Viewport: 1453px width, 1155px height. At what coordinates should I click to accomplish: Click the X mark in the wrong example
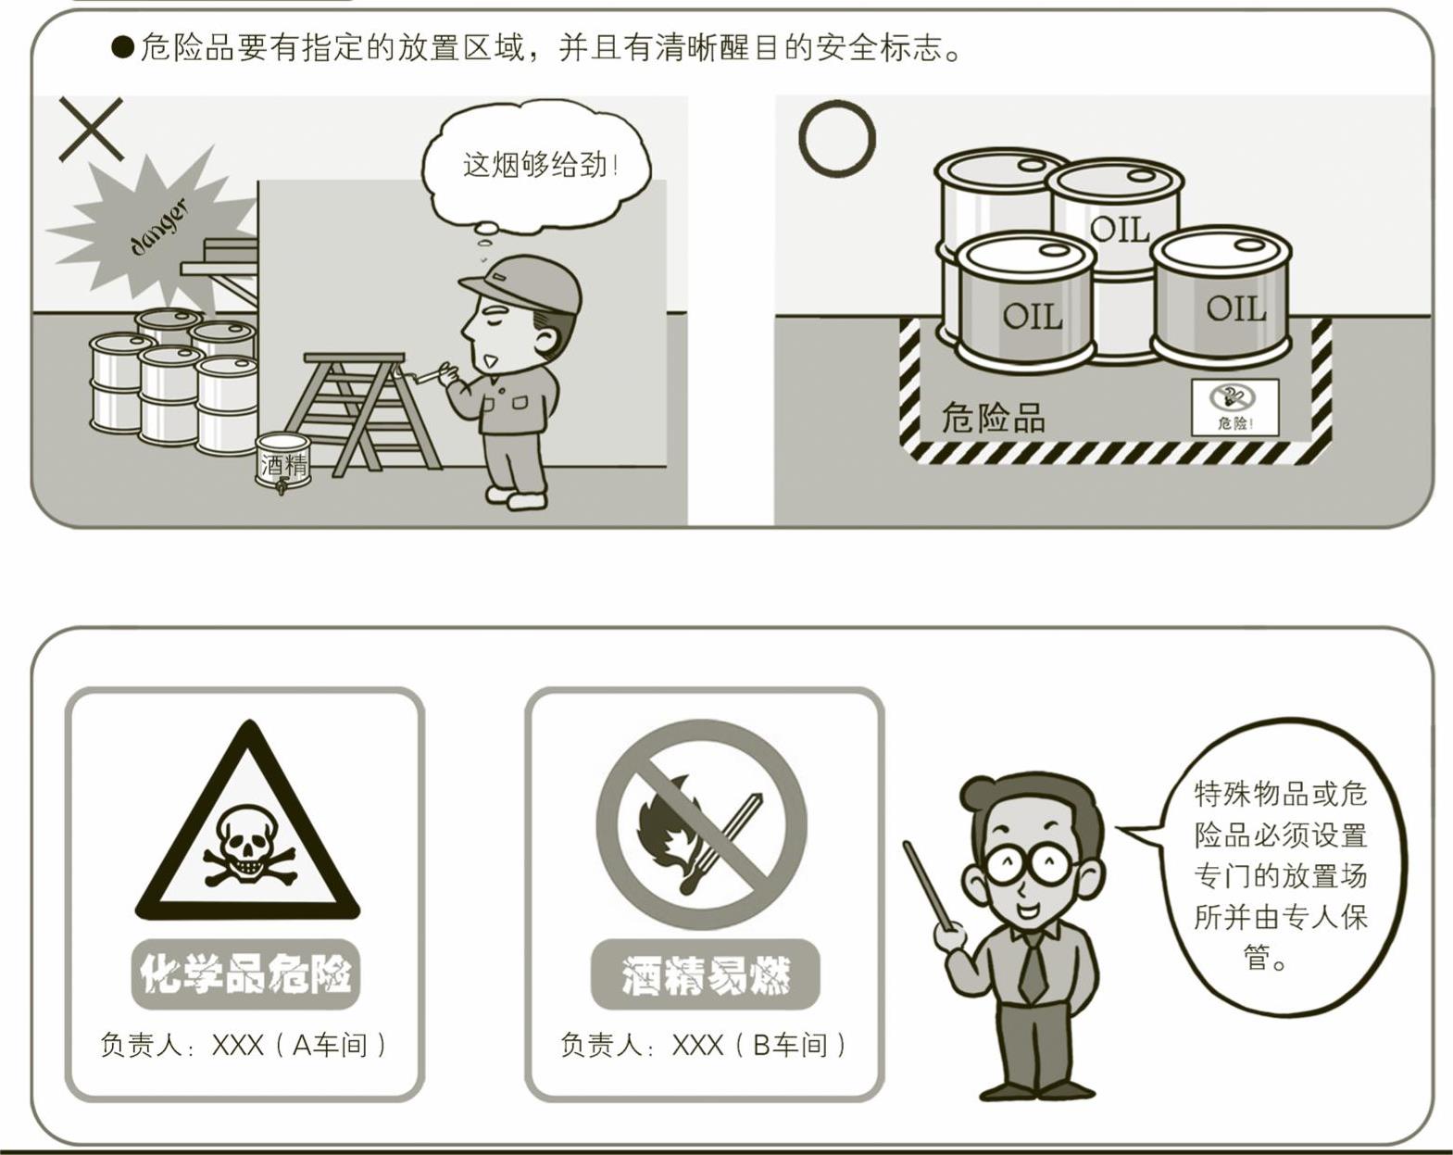[91, 129]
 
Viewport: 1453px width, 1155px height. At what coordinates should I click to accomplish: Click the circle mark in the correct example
[801, 138]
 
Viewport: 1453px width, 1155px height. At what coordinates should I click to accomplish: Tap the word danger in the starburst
[158, 228]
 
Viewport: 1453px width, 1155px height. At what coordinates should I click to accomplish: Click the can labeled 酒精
[282, 462]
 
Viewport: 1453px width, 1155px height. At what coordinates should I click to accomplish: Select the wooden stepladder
[362, 412]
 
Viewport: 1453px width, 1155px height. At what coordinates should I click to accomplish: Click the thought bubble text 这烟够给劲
[540, 165]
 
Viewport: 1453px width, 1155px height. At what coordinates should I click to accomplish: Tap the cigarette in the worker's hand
[427, 374]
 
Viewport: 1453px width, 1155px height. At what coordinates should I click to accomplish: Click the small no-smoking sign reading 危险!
[1234, 408]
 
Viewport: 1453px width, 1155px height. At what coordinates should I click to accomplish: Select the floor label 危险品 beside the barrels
[993, 417]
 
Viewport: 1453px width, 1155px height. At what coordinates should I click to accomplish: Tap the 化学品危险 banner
[245, 974]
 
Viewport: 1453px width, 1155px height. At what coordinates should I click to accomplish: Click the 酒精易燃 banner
[706, 974]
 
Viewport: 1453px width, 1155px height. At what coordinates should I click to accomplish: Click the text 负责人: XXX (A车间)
[243, 1046]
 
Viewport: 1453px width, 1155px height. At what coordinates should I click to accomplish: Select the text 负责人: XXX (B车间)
[703, 1046]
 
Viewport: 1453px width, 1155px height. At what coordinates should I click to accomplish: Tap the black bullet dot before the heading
[123, 48]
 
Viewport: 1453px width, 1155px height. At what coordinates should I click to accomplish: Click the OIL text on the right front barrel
[1236, 308]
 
